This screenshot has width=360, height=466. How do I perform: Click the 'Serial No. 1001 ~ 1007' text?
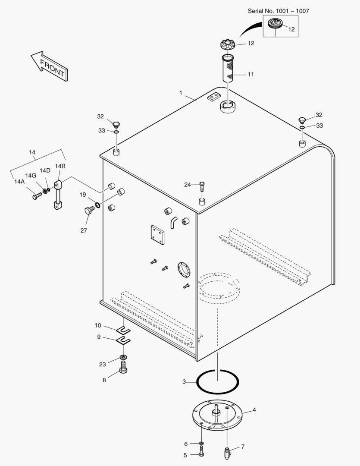click(x=278, y=11)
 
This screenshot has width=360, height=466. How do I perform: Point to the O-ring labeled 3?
click(x=218, y=381)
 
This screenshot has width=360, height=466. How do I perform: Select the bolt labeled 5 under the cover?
click(x=201, y=453)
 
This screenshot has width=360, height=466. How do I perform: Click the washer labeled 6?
click(x=201, y=444)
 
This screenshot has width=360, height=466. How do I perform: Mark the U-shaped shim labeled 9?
click(x=123, y=341)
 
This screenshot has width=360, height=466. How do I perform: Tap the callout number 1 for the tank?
click(x=181, y=93)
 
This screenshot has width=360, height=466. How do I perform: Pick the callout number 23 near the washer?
click(x=102, y=364)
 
